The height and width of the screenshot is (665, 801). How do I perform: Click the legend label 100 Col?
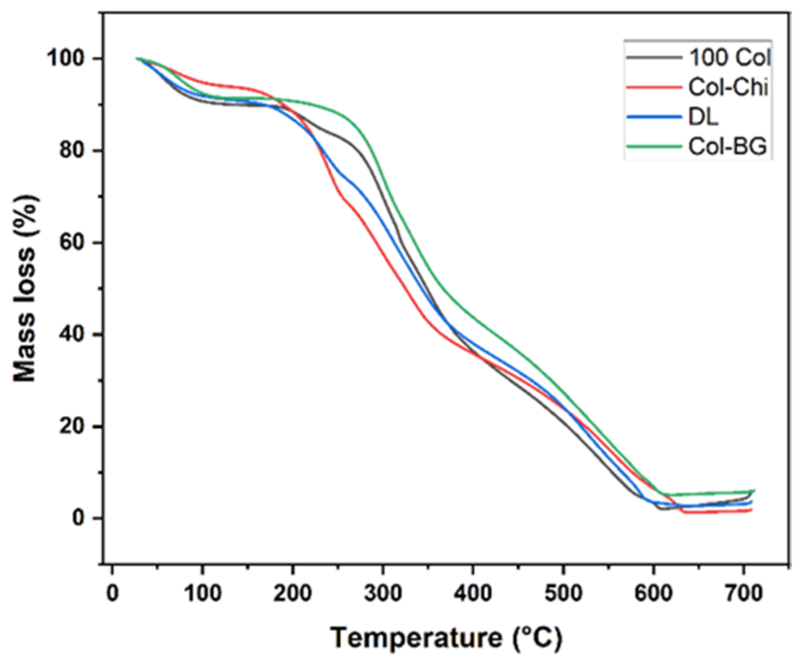(729, 58)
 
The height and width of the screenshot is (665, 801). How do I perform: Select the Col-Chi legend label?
(728, 88)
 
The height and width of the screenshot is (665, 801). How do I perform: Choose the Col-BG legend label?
(727, 147)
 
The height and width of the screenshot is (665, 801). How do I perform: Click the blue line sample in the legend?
(654, 118)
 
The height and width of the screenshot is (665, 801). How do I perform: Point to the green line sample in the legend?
(654, 147)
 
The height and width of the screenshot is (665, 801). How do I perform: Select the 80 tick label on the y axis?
(74, 151)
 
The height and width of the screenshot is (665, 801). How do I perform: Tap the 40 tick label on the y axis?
(74, 335)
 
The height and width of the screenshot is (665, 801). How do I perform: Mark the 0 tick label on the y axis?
(79, 518)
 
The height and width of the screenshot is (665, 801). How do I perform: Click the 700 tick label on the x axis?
(744, 593)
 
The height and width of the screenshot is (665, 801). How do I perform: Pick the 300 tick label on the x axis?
(383, 593)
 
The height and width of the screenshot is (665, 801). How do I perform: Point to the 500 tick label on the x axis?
(563, 593)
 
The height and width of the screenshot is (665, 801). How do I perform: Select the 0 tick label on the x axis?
(113, 593)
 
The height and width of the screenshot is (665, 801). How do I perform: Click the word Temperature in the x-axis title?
(413, 639)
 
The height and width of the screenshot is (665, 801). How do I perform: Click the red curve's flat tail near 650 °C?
(699, 513)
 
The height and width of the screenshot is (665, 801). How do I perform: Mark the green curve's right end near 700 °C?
(753, 491)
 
